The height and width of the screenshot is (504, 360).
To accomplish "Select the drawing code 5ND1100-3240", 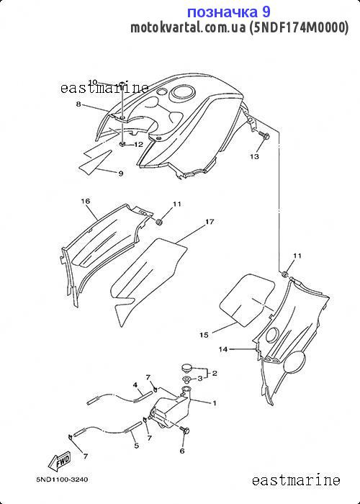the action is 62,480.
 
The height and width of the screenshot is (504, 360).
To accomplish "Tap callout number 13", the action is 254,156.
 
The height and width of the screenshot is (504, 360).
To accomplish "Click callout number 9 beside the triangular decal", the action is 121,174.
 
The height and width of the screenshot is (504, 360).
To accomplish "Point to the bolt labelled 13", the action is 264,135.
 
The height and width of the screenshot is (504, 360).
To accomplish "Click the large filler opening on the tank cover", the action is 183,93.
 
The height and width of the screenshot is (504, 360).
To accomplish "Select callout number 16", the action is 86,201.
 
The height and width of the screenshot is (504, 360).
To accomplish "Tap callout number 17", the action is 210,222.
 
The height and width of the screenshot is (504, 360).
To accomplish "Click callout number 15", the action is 204,335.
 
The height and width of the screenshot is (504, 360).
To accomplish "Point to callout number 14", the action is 223,349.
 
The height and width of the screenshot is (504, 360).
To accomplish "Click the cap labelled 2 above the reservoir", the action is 186,366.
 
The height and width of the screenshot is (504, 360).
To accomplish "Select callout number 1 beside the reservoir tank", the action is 214,402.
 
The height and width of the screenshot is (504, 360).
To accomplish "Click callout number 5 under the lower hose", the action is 137,446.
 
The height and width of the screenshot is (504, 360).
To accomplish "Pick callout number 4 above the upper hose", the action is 135,384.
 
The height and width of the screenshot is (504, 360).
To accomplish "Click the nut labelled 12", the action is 122,144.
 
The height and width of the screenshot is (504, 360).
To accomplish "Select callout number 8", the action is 78,104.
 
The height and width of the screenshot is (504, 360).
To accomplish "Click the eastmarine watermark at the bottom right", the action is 296,480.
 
